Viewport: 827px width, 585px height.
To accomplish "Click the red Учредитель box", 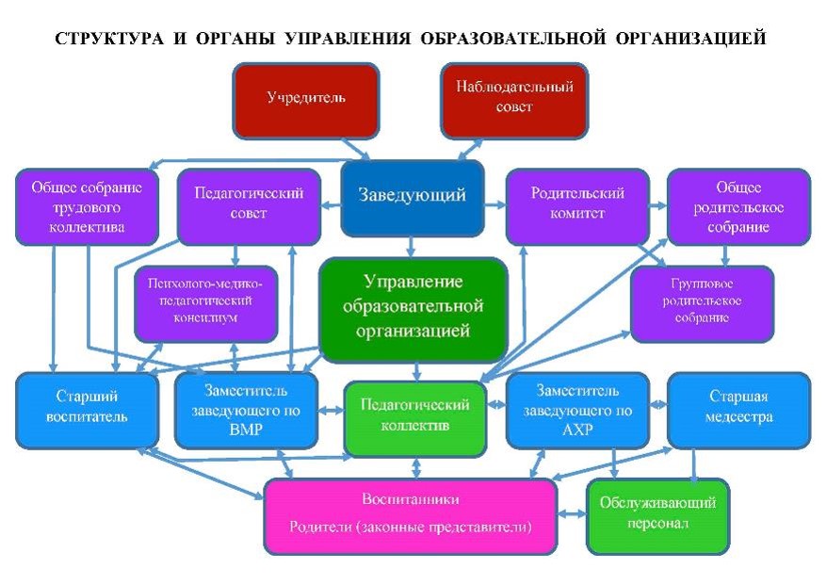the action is [306, 101].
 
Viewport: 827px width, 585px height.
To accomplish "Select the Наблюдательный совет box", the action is [514, 101].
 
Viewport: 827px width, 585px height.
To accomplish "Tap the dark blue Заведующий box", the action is [413, 199].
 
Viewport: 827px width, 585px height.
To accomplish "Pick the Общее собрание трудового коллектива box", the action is [87, 207].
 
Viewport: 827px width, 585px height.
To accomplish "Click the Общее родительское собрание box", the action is [738, 207].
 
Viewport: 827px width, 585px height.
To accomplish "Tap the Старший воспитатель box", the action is [87, 411].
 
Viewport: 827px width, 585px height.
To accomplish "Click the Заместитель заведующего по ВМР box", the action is [246, 411].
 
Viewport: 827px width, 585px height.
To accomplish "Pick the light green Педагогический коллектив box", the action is [415, 419].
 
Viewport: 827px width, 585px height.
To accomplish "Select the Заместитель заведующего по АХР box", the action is [577, 411].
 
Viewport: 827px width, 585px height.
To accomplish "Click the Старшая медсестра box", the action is [738, 411].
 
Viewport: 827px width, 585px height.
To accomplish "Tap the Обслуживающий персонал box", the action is [657, 517].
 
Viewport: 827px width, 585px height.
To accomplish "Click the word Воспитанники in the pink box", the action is [411, 499].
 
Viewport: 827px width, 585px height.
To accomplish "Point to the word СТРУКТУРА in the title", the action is [109, 39].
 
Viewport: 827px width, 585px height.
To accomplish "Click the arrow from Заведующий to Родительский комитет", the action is [495, 204].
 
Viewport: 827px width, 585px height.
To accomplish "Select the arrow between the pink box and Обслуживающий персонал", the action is [572, 513].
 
